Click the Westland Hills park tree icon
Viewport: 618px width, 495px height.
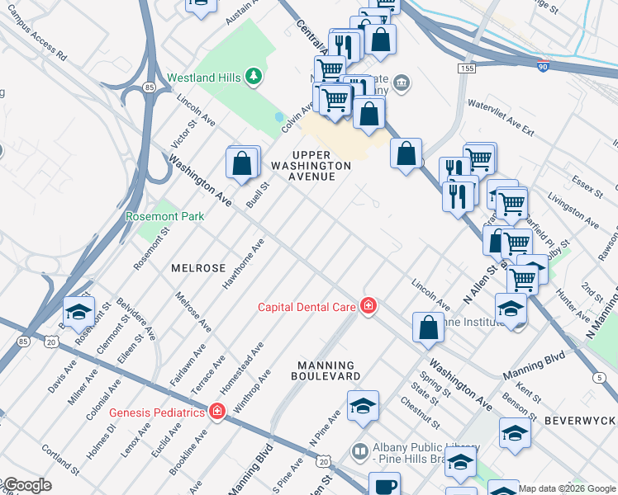point(254,78)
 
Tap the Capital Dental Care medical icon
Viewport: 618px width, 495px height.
point(368,307)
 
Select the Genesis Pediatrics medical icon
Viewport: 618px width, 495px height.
point(217,411)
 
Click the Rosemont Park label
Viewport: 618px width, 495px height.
point(164,216)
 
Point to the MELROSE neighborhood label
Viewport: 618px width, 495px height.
point(198,269)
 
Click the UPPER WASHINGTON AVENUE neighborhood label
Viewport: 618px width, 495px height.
point(311,166)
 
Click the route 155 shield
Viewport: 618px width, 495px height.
point(468,68)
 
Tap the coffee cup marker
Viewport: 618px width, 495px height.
point(384,485)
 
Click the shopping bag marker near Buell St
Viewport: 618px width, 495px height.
point(243,163)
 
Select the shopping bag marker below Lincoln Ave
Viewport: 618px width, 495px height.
point(429,328)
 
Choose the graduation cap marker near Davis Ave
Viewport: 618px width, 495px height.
point(78,311)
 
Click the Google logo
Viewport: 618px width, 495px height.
point(26,485)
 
